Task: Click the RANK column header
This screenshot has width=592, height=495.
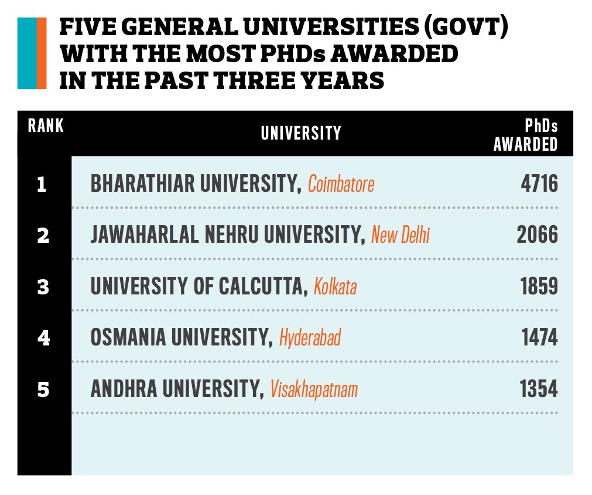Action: (x=46, y=126)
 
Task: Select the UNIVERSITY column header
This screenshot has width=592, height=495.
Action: (x=301, y=133)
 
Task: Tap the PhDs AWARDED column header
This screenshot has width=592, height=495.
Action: (x=525, y=135)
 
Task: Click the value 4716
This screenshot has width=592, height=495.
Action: (x=539, y=185)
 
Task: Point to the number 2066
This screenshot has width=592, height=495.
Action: (x=537, y=236)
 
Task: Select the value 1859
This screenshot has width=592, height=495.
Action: (x=539, y=287)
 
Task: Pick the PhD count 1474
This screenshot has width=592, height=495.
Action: (x=539, y=338)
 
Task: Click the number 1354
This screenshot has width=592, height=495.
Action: (x=539, y=389)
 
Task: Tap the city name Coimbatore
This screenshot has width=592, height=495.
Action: (x=341, y=185)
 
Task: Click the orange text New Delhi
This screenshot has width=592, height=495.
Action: (x=401, y=236)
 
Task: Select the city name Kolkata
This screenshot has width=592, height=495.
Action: (x=335, y=287)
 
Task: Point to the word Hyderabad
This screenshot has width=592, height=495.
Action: (x=310, y=338)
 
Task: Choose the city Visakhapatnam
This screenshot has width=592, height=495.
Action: (x=313, y=389)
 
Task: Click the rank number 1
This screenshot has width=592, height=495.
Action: (x=42, y=185)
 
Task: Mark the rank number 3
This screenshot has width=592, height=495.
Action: (x=42, y=287)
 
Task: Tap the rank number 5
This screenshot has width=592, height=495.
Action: (x=42, y=389)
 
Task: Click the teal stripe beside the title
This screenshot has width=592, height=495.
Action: (x=26, y=53)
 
